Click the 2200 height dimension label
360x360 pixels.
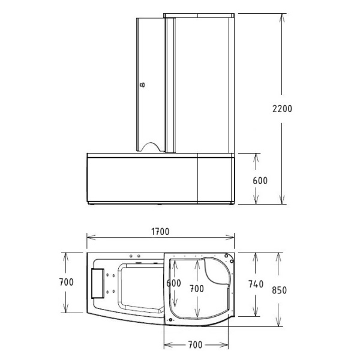tap(281, 109)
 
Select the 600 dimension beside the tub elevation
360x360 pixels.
tap(260, 181)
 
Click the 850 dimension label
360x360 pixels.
tap(279, 290)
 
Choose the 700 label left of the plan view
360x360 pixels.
tap(66, 283)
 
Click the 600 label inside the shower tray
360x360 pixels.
tap(173, 283)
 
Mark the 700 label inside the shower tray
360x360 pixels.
tap(196, 289)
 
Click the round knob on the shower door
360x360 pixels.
tap(143, 85)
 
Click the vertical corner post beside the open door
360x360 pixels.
tap(170, 84)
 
